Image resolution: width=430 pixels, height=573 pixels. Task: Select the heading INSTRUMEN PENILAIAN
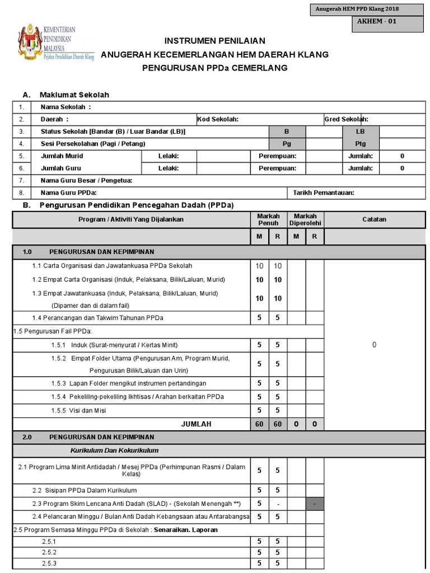[x=214, y=41]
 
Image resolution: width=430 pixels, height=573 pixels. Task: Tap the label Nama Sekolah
[x=66, y=107]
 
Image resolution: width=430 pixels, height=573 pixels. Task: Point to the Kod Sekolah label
[x=218, y=119]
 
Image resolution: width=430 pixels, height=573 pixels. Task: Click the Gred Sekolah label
[x=346, y=119]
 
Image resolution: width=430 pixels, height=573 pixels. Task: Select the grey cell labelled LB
[x=361, y=131]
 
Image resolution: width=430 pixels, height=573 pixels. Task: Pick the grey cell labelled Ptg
[x=361, y=144]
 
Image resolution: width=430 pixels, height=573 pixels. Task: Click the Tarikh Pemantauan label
[x=324, y=193]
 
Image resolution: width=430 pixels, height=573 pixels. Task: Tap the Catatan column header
[x=374, y=219]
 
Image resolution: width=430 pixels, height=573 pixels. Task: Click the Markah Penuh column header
[x=268, y=219]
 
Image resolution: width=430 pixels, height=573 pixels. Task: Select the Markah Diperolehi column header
[x=305, y=219]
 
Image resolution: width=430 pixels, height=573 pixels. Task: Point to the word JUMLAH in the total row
[x=196, y=424]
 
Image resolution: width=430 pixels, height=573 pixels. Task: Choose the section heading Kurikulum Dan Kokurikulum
[x=114, y=450]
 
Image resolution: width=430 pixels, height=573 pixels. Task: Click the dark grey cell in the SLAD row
[x=315, y=504]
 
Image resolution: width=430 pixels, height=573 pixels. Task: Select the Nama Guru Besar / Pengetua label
[x=86, y=181]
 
